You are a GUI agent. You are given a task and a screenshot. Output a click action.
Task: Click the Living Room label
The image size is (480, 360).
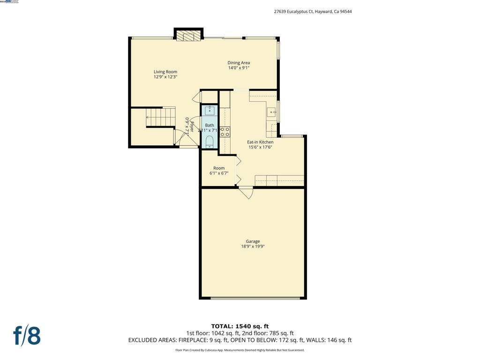pyautogui.click(x=165, y=72)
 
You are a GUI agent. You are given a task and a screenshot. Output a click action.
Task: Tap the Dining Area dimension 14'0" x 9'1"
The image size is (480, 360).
pyautogui.click(x=239, y=68)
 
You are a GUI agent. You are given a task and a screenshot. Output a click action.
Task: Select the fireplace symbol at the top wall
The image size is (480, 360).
pyautogui.click(x=188, y=37)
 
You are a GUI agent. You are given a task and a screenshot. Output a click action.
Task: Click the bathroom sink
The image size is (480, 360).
pyautogui.click(x=210, y=111)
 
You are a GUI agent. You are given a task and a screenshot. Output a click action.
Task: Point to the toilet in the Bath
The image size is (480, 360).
pyautogui.click(x=210, y=142)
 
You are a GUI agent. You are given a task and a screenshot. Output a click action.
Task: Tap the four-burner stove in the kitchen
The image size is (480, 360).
pyautogui.click(x=225, y=132)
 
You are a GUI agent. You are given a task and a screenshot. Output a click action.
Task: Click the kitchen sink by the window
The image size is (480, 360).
pyautogui.click(x=271, y=112)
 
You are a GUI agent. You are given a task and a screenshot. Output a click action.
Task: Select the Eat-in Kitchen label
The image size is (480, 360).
pyautogui.click(x=260, y=142)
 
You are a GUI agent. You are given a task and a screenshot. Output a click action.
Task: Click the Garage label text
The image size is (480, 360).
pyautogui.click(x=253, y=241)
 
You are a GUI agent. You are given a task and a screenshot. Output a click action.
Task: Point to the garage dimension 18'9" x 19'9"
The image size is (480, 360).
pyautogui.click(x=253, y=247)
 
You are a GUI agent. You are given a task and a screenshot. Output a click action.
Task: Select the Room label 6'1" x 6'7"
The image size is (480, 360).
pyautogui.click(x=219, y=171)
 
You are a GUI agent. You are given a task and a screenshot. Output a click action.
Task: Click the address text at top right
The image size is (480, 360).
pyautogui.click(x=313, y=12)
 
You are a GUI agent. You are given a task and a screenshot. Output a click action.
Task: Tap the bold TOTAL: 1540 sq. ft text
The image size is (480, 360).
pyautogui.click(x=240, y=326)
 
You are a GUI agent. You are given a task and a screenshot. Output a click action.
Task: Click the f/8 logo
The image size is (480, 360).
pyautogui.click(x=27, y=336)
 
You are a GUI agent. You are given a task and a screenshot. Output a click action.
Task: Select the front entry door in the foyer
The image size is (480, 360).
pyautogui.click(x=189, y=147)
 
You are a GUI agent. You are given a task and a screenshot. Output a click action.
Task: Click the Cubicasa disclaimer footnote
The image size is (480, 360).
pyautogui.click(x=240, y=350)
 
